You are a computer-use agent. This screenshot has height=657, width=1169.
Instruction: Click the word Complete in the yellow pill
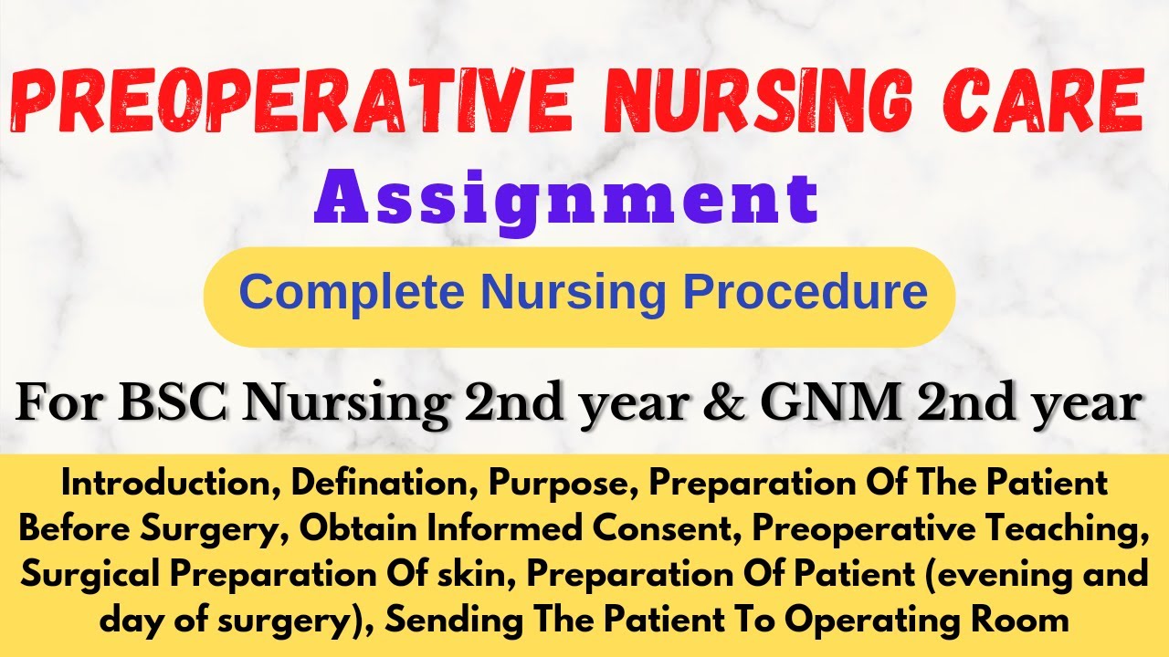point(352,294)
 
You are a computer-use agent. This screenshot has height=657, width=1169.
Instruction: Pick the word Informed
point(505,528)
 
